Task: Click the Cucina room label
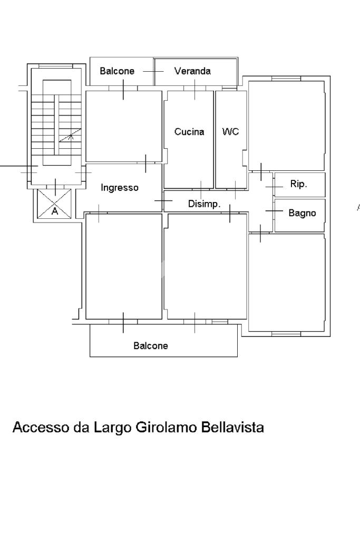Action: tap(189, 132)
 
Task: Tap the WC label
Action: tap(230, 132)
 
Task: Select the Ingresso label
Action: tap(120, 187)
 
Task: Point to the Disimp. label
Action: tap(205, 204)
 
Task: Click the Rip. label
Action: tap(298, 185)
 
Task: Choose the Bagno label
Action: tap(302, 213)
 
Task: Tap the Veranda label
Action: tap(192, 71)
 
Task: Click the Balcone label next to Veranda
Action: tap(117, 71)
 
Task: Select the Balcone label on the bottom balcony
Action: tap(151, 346)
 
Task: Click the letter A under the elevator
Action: tap(54, 211)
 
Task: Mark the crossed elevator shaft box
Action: tap(54, 202)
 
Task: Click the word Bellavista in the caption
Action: tap(232, 427)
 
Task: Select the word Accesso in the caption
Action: tap(40, 427)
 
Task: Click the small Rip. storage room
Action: tap(299, 185)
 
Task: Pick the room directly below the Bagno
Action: tap(286, 282)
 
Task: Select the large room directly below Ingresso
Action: tap(123, 266)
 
